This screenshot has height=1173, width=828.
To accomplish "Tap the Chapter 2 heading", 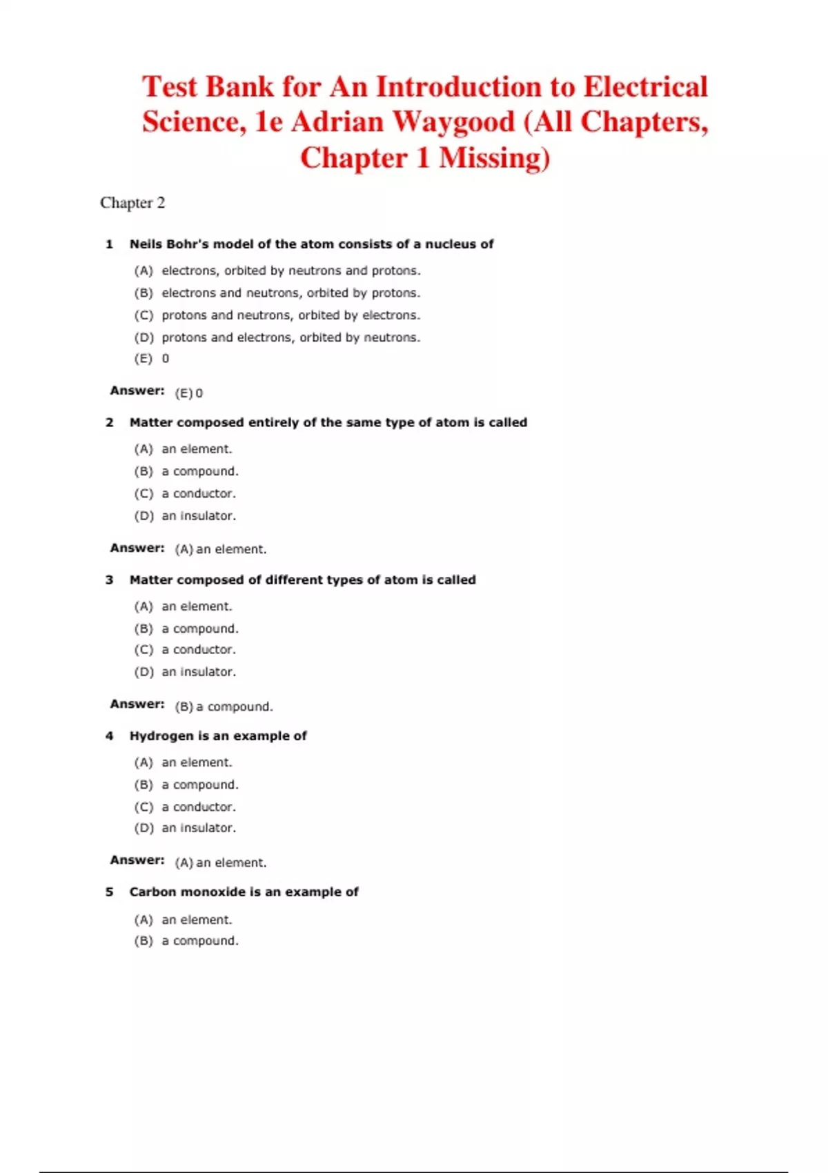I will coord(132,203).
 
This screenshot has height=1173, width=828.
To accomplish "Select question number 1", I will coord(109,244).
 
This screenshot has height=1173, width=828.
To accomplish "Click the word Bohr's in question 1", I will coord(188,244).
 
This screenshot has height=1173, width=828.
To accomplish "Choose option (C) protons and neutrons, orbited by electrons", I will coord(277,315).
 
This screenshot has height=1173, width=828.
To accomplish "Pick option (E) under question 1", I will coord(152,359).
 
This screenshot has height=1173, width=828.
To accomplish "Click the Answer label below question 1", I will coord(137,391).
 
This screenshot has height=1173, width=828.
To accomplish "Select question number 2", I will coord(109,422).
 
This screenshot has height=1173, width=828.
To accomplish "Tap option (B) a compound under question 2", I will coord(186,471).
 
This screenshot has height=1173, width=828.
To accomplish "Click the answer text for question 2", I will coord(221,549).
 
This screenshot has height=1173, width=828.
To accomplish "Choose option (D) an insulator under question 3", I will coord(185,672).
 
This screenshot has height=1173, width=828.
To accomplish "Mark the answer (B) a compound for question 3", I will coord(224,707).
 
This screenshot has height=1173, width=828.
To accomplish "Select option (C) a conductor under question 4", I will coord(185,807).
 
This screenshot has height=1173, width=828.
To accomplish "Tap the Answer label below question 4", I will coord(137,860).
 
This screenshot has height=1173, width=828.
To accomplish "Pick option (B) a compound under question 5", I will coord(186,941).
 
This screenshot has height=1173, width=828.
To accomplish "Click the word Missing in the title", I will coord(494,158).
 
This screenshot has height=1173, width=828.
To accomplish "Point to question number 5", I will coord(109,892).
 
